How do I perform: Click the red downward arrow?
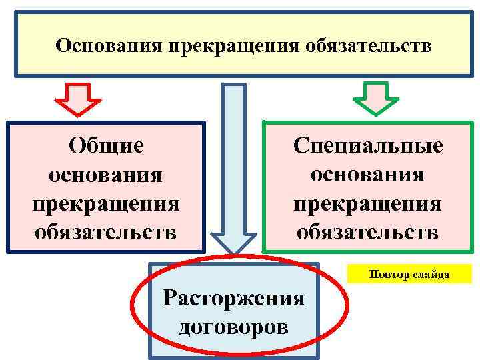coord(77,99)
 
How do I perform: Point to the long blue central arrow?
coord(234,167)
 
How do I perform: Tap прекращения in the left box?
coord(106,203)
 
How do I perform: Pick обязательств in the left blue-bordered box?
coord(106,232)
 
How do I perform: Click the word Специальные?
coord(368,146)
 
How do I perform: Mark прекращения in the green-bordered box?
coord(368,203)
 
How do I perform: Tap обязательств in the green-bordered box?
coord(368,231)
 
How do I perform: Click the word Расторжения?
coord(234,297)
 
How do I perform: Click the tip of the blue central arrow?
coord(234,252)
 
